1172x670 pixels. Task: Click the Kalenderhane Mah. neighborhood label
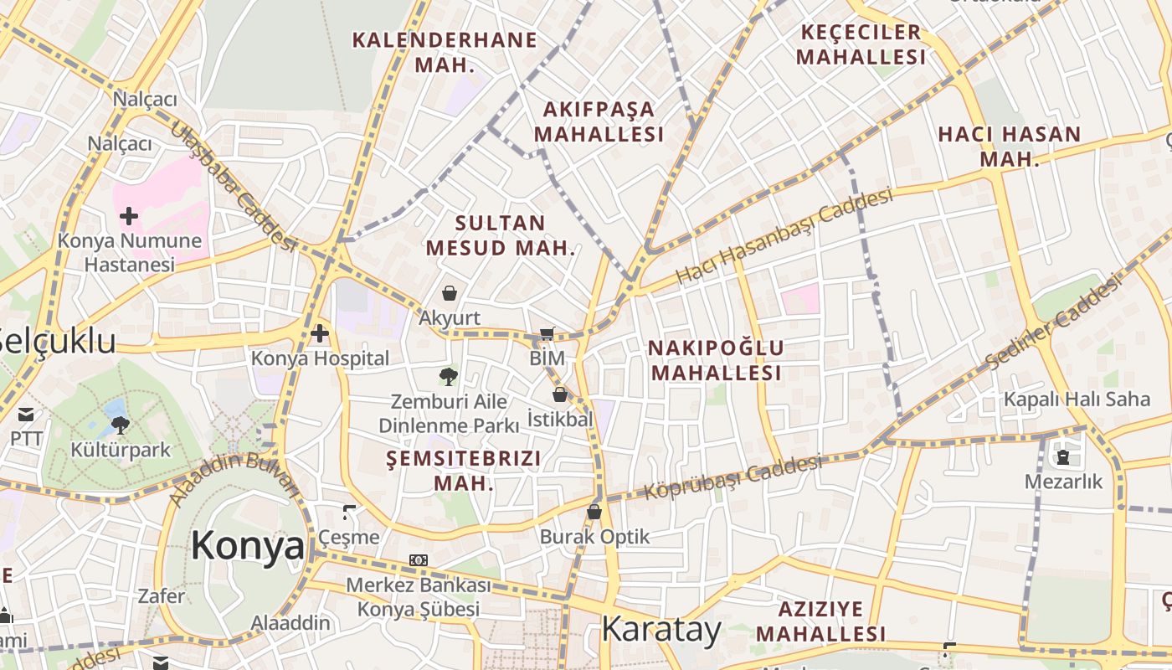445,52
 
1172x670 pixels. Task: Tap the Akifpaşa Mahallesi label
599,121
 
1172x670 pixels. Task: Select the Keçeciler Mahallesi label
861,44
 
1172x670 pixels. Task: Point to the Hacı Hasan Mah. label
1010,146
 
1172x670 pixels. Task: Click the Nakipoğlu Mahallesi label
717,360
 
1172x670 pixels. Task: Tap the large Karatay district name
661,629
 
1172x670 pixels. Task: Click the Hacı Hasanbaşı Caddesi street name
784,235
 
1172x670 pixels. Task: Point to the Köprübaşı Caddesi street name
733,477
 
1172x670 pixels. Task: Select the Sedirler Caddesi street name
1052,322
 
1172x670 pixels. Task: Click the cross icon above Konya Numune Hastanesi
129,217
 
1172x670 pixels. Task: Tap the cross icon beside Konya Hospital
319,334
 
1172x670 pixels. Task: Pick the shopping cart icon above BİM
547,334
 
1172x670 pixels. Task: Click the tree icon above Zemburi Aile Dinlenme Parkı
449,377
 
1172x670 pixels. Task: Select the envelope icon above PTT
26,414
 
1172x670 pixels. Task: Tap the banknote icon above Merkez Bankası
419,559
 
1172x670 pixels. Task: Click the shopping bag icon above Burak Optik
594,512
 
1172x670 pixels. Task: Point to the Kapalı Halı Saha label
1077,399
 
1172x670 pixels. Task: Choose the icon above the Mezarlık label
1063,457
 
